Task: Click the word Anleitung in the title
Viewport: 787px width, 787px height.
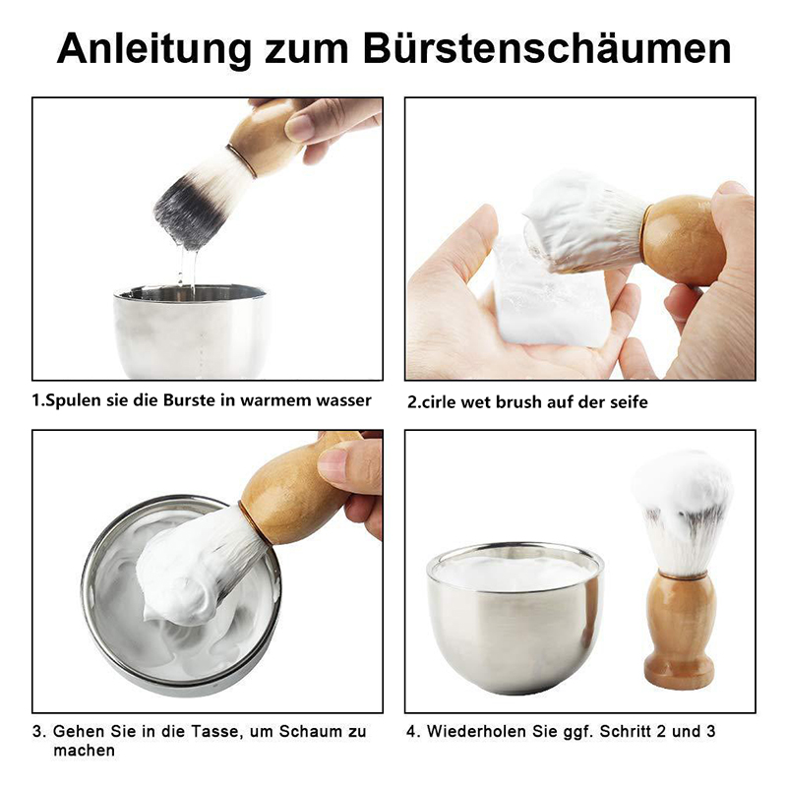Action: click(154, 49)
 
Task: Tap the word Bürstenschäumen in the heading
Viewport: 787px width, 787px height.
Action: click(547, 48)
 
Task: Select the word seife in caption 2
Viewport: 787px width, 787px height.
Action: click(627, 402)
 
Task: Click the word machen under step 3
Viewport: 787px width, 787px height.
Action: click(84, 751)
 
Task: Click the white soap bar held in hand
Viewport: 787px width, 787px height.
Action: click(545, 296)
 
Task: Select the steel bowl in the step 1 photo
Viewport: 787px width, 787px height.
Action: click(191, 331)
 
